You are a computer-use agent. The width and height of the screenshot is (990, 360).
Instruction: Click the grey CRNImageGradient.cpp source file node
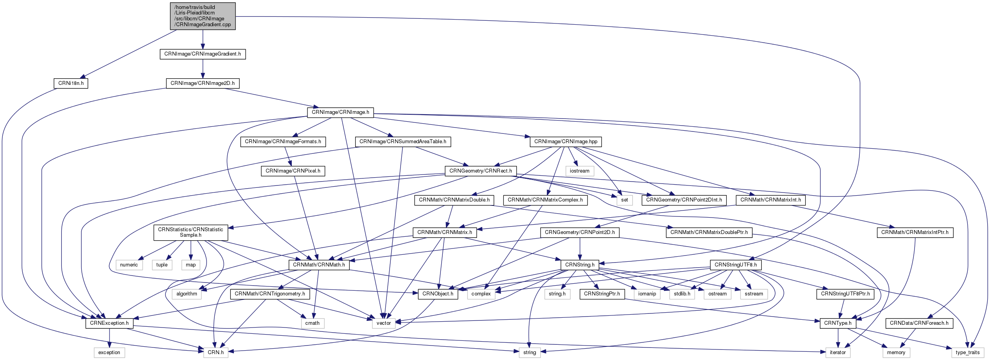pos(203,16)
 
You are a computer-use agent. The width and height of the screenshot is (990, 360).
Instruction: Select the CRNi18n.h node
pos(71,83)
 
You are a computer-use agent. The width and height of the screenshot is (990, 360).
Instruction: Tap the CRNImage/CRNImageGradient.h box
pos(203,54)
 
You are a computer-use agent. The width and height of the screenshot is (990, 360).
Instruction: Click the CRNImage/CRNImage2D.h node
pos(203,83)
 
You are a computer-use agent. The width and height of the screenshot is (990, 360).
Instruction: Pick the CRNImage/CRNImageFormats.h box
pos(283,142)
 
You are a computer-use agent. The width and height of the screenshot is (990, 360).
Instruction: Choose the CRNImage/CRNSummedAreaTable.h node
pos(402,142)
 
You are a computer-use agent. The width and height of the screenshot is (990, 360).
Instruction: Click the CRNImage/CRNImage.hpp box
pos(566,142)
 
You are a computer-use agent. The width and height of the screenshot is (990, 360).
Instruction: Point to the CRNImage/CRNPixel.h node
pos(293,171)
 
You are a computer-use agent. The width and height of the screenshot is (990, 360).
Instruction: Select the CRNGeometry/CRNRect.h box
pos(480,171)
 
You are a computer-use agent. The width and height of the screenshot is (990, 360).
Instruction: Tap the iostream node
pos(579,171)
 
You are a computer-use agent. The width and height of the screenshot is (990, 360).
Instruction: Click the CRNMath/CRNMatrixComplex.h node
pos(545,200)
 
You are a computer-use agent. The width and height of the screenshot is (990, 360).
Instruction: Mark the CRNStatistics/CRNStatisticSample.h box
pos(190,232)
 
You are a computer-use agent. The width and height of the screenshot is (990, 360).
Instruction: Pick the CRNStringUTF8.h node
pos(735,265)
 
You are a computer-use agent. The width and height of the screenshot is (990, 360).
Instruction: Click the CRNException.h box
pos(109,323)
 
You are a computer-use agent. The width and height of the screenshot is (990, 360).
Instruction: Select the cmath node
pos(312,323)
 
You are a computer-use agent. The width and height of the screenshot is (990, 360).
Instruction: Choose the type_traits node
pos(967,353)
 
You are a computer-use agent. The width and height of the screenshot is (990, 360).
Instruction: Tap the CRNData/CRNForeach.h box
pos(919,323)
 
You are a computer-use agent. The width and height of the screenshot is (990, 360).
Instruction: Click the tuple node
pos(162,265)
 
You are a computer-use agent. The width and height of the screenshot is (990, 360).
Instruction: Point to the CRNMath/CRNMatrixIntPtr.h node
pos(915,232)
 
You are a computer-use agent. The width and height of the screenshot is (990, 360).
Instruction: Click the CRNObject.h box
pos(438,294)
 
